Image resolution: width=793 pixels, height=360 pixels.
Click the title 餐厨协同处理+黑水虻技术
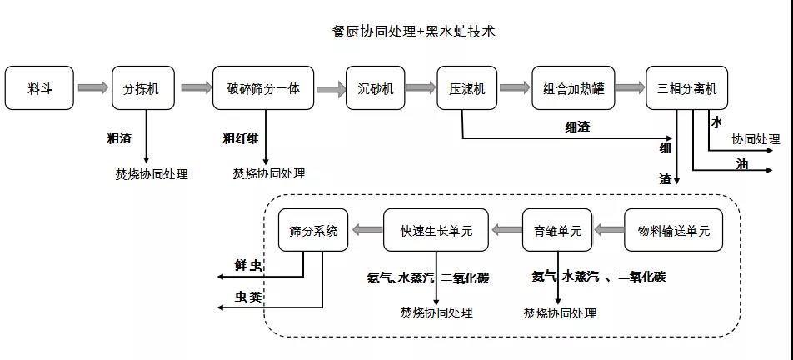click(x=413, y=32)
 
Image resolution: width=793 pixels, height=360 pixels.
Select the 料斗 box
click(x=39, y=88)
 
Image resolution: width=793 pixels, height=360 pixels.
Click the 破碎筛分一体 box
click(x=263, y=88)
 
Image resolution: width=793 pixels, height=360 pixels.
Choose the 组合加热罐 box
click(x=574, y=88)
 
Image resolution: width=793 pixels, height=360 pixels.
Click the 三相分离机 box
click(x=686, y=88)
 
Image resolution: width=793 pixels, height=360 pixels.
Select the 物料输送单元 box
click(x=673, y=230)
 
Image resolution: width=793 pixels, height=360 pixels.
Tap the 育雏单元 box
click(x=557, y=230)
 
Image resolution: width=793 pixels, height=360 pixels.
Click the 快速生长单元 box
click(x=436, y=230)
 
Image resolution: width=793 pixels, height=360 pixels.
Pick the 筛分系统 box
click(x=312, y=230)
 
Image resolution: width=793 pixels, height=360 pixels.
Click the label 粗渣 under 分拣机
click(x=119, y=138)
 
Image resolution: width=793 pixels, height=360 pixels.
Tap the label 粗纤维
click(x=241, y=138)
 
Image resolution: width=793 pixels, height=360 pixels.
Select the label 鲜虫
click(x=248, y=266)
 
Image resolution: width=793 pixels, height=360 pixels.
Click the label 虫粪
click(x=248, y=297)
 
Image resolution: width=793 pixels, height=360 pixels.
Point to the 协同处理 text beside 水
click(x=756, y=139)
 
